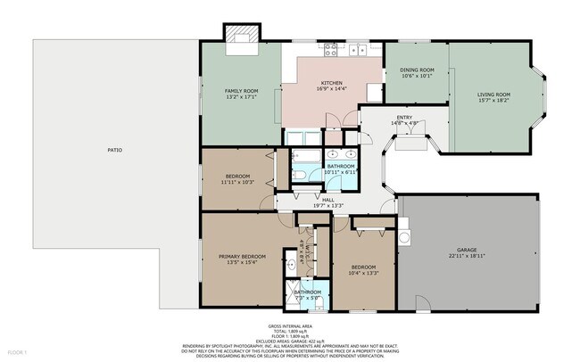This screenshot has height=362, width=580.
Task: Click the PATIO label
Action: pyautogui.click(x=114, y=149)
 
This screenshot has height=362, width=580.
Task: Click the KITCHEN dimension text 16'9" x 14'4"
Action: pyautogui.click(x=332, y=89)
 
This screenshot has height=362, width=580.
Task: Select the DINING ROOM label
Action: pyautogui.click(x=416, y=71)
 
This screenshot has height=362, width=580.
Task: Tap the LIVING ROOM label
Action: pyautogui.click(x=493, y=95)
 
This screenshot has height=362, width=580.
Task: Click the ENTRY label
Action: pyautogui.click(x=404, y=119)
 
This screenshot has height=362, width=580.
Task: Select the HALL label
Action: pyautogui.click(x=327, y=200)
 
